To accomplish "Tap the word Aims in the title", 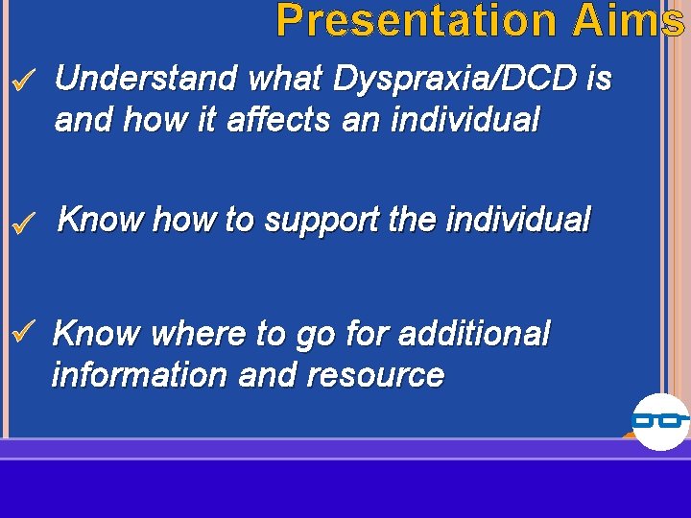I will (629, 21).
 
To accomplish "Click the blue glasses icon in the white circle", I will (660, 420).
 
